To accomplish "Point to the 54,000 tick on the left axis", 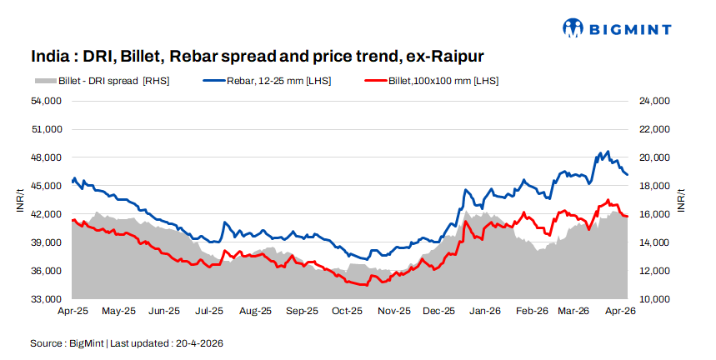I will (x=48, y=101).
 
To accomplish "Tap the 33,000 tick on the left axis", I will (x=48, y=299).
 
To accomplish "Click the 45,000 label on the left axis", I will (x=48, y=186).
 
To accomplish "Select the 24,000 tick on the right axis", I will (x=655, y=101).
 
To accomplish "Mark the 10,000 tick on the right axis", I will (x=655, y=299).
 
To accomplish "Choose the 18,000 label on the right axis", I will (x=655, y=186).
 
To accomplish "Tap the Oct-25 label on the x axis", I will (x=347, y=311).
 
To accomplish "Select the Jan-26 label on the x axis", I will (x=484, y=311).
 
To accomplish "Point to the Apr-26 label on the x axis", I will (x=620, y=311).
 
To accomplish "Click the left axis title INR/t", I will (x=19, y=200).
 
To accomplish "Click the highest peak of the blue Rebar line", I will (x=608, y=152).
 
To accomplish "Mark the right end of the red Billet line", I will (x=627, y=217).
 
